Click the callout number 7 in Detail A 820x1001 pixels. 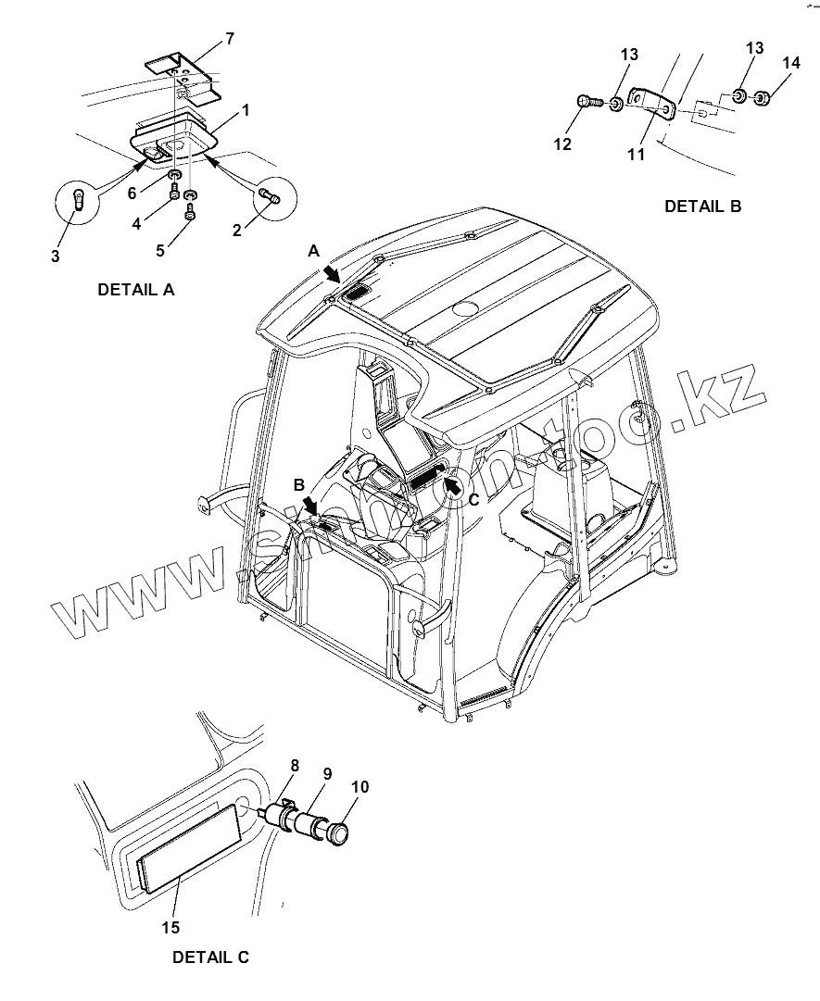pos(230,39)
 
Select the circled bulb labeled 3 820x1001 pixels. pos(79,198)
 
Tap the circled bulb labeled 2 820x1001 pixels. pos(270,194)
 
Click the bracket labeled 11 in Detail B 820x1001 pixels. pos(651,102)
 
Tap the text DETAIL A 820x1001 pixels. pos(136,290)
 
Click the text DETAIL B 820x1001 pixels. pos(702,206)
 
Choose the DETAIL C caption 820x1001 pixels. pos(210,957)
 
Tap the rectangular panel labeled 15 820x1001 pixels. pos(190,847)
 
